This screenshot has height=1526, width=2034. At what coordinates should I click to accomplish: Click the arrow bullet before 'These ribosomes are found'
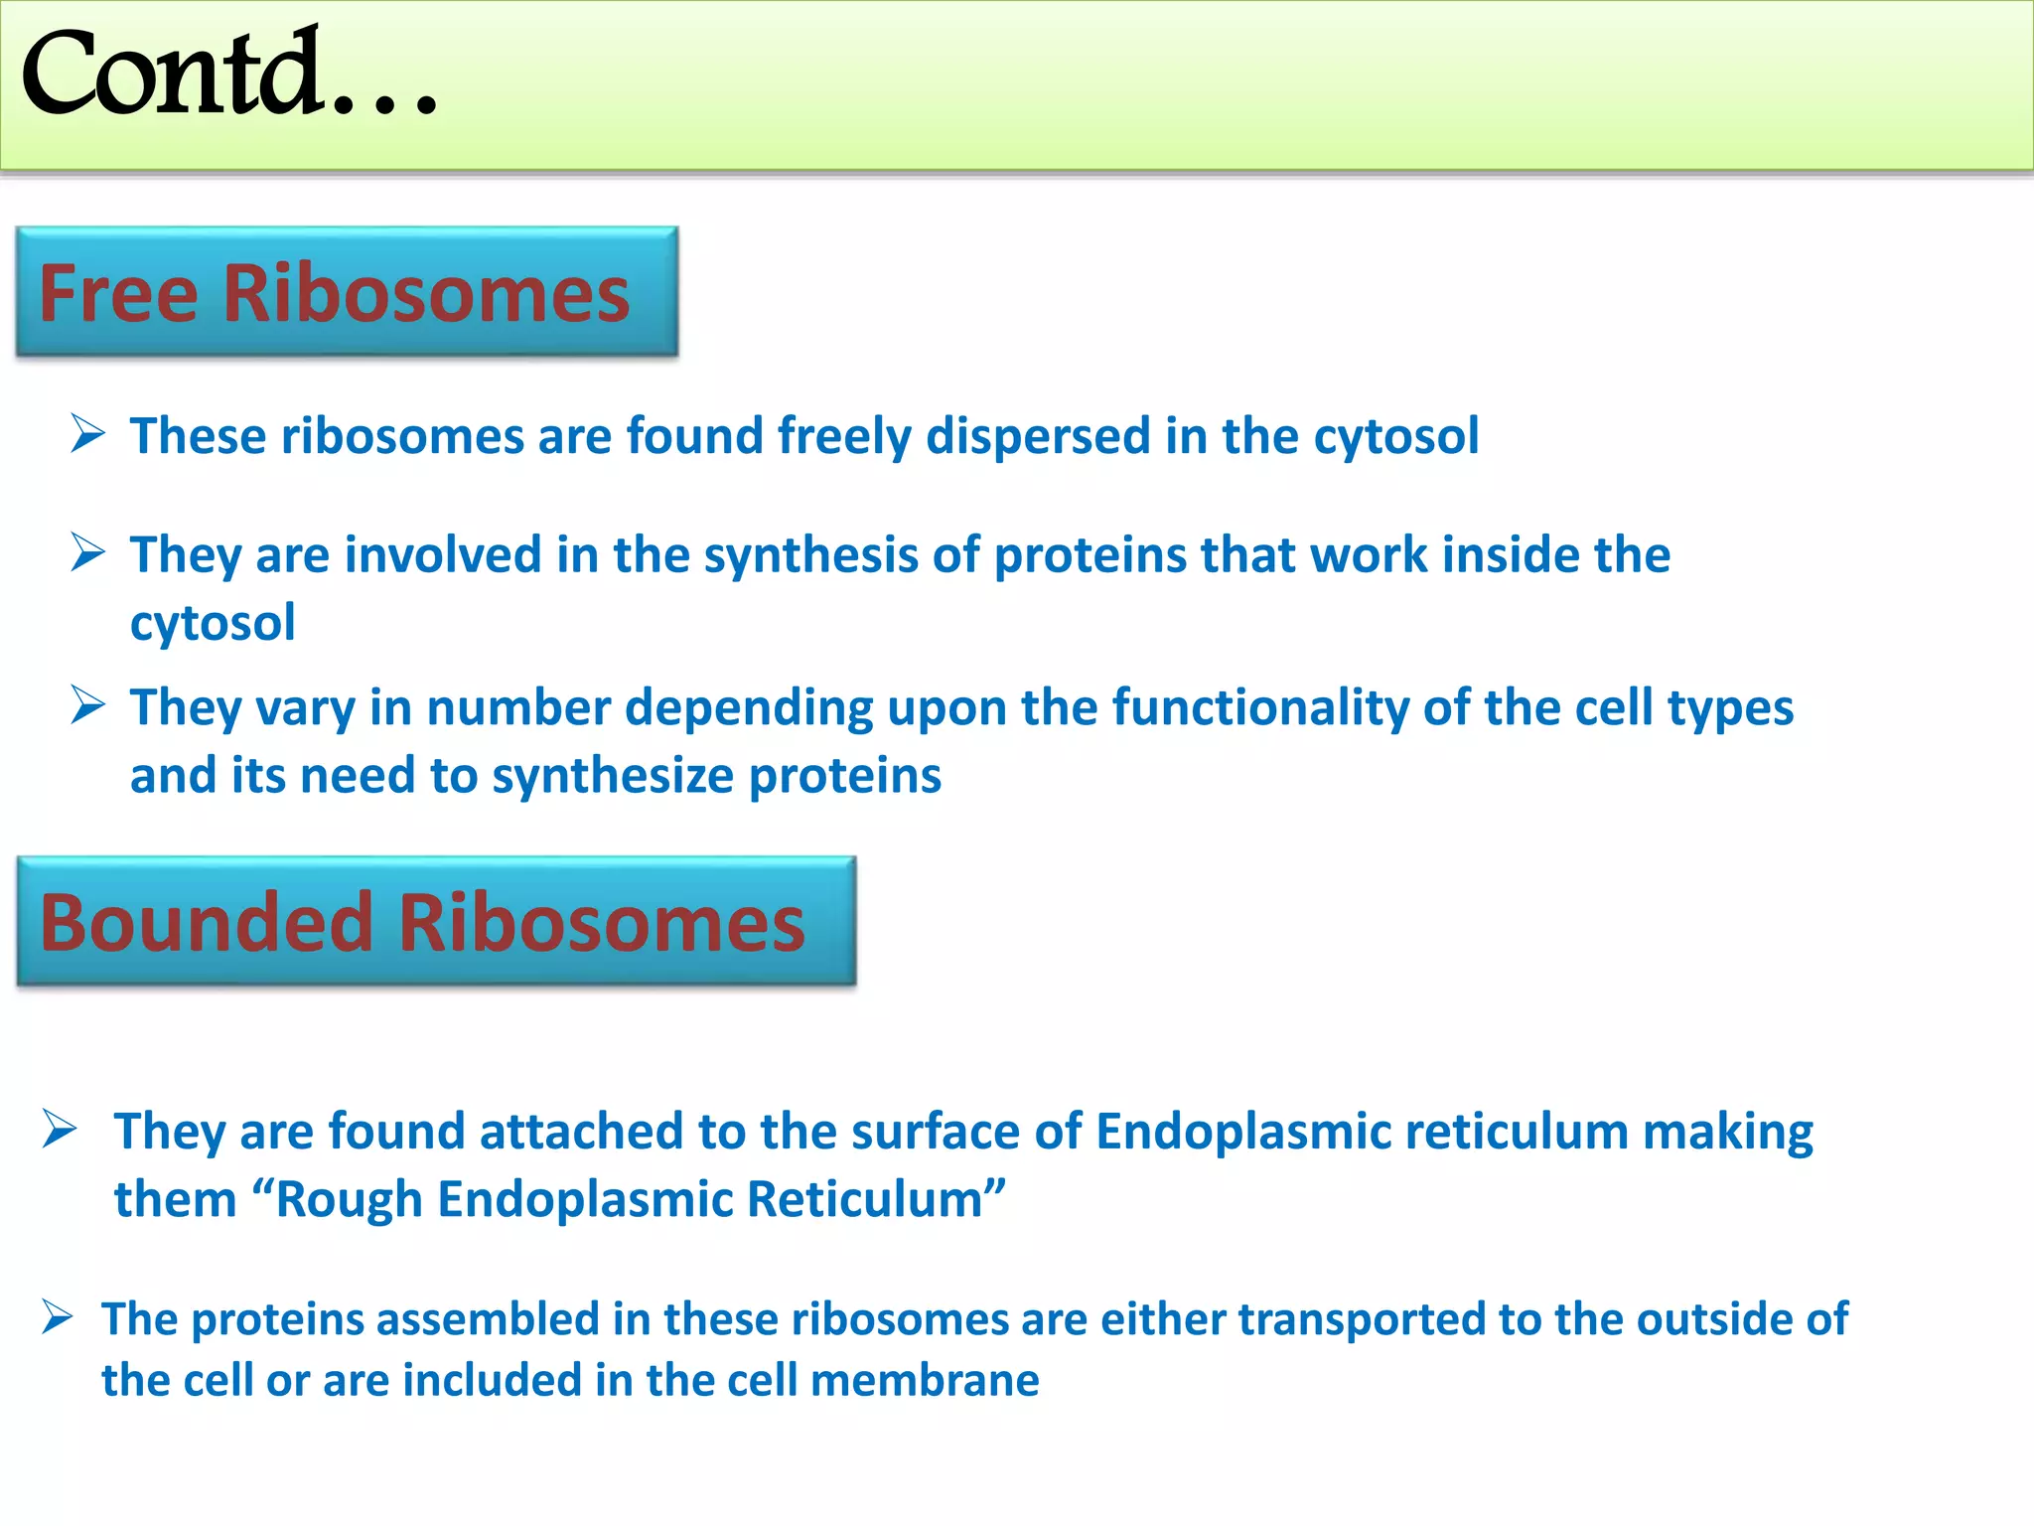(x=88, y=434)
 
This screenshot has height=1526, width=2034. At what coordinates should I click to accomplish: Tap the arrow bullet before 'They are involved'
(x=88, y=552)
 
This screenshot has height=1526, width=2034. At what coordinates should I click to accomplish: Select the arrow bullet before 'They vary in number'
(x=88, y=705)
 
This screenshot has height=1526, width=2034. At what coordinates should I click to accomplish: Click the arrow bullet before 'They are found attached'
(x=60, y=1130)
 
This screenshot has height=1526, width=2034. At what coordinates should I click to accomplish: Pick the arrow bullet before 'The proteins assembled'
(x=58, y=1318)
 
